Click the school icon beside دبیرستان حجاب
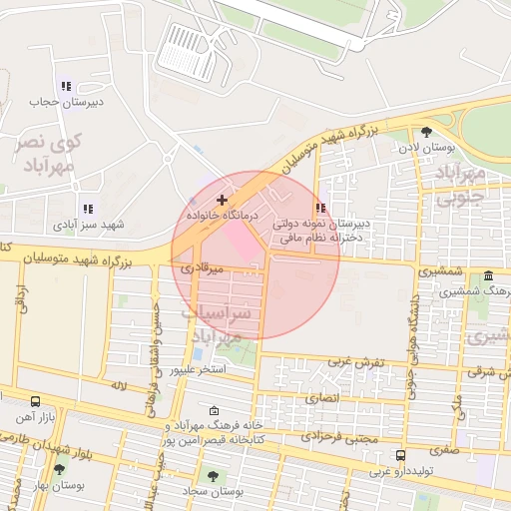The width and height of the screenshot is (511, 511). pos(66,87)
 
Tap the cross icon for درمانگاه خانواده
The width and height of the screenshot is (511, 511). pos(221,201)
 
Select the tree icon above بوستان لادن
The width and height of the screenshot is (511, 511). pos(427,131)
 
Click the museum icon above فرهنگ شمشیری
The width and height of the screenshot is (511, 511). pos(488,275)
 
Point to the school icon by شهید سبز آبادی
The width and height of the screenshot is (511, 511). pos(88,209)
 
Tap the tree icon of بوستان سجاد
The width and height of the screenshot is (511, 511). pos(212,472)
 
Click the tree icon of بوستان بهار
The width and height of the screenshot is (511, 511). pos(59,469)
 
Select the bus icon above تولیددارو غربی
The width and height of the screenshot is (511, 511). pos(400,455)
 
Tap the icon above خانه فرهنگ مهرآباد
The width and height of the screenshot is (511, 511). pos(214,410)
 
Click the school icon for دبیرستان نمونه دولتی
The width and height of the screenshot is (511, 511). pos(320,208)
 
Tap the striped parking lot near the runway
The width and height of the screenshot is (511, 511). pos(190,52)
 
